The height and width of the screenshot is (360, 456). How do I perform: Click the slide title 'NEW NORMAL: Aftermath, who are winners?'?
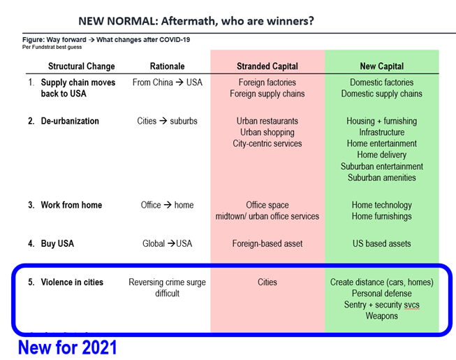pos(196,21)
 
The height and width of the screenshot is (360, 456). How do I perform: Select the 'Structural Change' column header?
pos(82,66)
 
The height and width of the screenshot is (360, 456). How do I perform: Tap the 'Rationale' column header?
pos(168,66)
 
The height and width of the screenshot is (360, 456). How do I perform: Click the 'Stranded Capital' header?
pos(267,66)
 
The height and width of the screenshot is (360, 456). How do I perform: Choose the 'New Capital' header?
pos(382,66)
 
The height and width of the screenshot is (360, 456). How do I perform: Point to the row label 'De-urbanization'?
pos(70,121)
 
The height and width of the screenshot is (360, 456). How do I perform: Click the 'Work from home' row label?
pos(71,205)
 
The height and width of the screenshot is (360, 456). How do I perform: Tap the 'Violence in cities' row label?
pos(72,282)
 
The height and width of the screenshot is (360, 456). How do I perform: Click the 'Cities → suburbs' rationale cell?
pos(168,121)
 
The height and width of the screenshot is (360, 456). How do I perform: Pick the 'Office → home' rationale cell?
pos(168,205)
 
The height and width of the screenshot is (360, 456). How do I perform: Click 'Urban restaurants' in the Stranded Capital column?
pos(267,121)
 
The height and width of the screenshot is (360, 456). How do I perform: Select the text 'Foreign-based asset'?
pos(267,244)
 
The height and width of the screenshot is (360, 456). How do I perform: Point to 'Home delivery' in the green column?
pos(382,154)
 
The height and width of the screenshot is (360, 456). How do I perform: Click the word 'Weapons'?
pos(382,316)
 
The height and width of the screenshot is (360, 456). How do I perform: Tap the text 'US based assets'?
pos(382,244)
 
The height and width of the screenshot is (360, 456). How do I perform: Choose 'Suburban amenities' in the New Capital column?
pos(382,178)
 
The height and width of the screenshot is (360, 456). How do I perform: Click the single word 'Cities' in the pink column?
pos(267,282)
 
